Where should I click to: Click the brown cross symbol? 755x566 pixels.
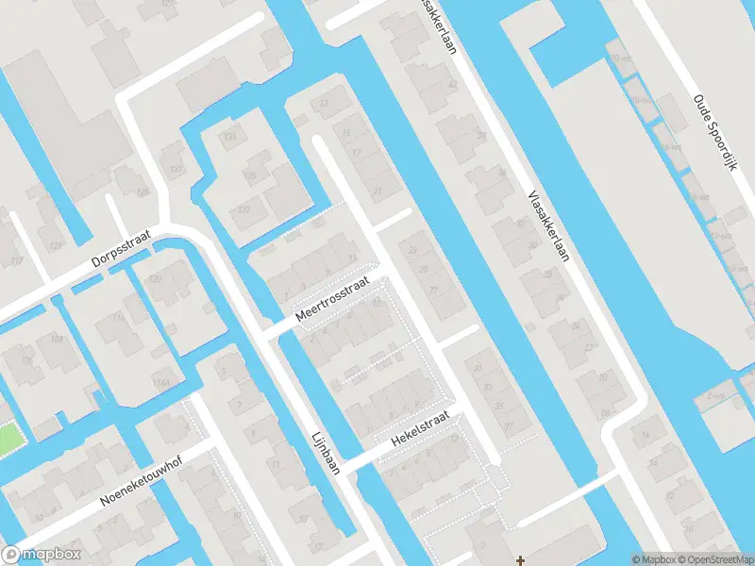pyautogui.click(x=519, y=560)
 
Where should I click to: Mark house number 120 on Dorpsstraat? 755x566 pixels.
pyautogui.click(x=155, y=281)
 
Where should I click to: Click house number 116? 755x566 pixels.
pyautogui.click(x=119, y=318)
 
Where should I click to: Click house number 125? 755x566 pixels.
pyautogui.click(x=143, y=192)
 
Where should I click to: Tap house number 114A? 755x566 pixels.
pyautogui.click(x=160, y=382)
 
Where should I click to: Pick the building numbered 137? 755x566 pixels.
pyautogui.click(x=174, y=171)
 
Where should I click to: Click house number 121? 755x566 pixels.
pyautogui.click(x=55, y=246)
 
